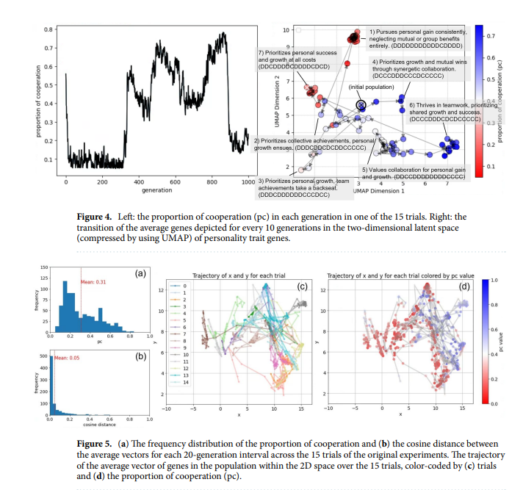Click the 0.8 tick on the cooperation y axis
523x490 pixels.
(48, 29)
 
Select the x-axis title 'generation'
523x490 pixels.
(156, 190)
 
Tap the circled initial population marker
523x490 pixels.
(361, 106)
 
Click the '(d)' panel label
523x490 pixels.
(464, 285)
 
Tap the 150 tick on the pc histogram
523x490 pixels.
(43, 268)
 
